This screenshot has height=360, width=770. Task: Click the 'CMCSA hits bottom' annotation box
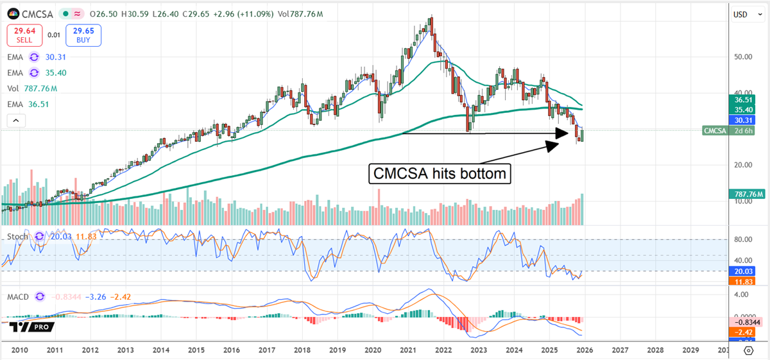(x=440, y=173)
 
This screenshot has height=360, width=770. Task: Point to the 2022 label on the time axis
(x=443, y=351)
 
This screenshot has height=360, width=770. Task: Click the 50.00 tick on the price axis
(x=742, y=56)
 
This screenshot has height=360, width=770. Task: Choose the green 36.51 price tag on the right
(x=744, y=100)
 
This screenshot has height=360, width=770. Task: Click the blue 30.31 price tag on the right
(x=744, y=120)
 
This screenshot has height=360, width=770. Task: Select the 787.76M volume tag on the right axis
(x=744, y=193)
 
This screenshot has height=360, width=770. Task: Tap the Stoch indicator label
(x=17, y=237)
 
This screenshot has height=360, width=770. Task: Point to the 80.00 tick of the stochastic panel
(x=742, y=239)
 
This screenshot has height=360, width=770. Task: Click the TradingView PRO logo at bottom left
(x=31, y=327)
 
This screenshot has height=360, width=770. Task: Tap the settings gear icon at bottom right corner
(x=748, y=350)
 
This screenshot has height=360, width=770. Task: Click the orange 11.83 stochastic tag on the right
(x=744, y=281)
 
